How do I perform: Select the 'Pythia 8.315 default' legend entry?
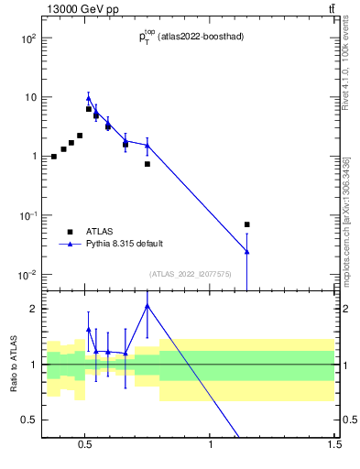point(124,244)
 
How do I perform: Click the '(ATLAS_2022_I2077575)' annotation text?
point(190,274)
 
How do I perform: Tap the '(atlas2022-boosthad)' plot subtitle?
point(200,37)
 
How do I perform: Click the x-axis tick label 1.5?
point(334,445)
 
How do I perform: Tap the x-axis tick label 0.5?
point(85,445)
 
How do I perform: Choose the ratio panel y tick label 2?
point(33,309)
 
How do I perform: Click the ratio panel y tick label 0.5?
point(29,420)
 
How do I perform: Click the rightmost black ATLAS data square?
point(246,224)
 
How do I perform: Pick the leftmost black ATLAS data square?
point(54,157)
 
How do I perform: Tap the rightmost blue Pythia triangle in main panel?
point(246,251)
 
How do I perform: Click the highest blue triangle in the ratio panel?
point(147,306)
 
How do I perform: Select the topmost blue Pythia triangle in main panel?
point(89,98)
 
